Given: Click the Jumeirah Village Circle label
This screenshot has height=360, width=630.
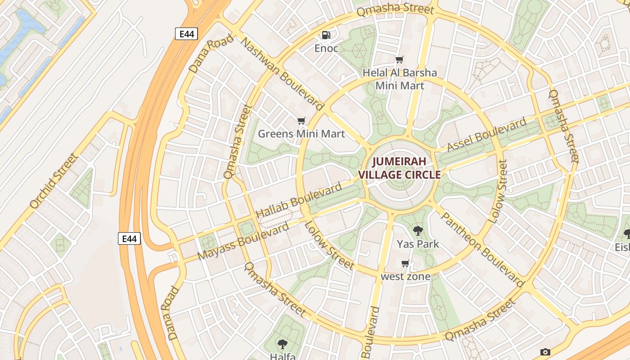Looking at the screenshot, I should (x=399, y=168).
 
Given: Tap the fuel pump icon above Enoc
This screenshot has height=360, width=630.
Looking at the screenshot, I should (x=326, y=35).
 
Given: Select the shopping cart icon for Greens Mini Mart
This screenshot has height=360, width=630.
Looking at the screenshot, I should (x=301, y=121).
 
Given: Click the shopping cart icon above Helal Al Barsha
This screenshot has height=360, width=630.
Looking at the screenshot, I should (x=399, y=59).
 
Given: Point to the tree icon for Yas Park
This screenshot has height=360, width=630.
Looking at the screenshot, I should (x=418, y=231).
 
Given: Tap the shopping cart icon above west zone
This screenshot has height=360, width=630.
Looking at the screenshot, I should (x=405, y=264).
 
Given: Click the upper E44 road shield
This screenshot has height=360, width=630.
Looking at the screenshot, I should (x=186, y=34).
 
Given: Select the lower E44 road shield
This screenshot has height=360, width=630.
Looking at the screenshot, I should (x=130, y=238).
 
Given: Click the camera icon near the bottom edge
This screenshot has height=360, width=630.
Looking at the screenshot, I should (x=545, y=352).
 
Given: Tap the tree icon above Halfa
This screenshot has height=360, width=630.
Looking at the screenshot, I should (x=283, y=344).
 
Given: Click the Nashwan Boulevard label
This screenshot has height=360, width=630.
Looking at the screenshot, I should (x=282, y=74).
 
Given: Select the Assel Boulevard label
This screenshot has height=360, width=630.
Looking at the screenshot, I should (x=486, y=135).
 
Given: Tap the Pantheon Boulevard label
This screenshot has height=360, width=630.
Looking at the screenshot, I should (x=482, y=249).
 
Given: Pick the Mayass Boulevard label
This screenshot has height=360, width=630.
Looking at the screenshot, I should (x=243, y=241).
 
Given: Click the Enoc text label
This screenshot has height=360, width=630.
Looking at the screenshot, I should (x=326, y=48).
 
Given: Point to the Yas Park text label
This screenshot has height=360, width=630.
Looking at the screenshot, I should (x=418, y=244).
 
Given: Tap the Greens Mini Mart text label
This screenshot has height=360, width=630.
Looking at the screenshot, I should (x=301, y=134).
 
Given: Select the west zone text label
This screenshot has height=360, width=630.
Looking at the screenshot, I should (x=405, y=276).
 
